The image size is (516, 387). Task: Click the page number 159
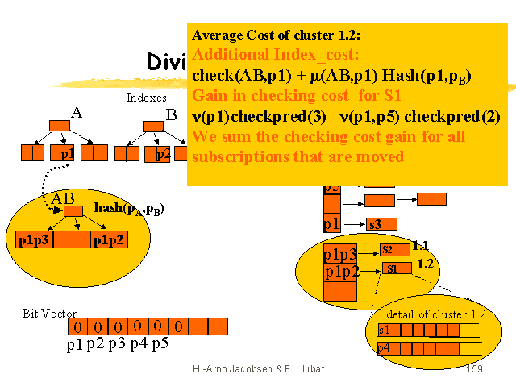click(474, 368)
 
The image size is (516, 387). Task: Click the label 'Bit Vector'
click(49, 312)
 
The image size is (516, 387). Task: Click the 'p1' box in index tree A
click(67, 152)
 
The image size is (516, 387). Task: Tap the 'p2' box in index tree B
click(163, 152)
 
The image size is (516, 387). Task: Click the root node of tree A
click(60, 126)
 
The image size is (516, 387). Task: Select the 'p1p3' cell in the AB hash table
click(34, 239)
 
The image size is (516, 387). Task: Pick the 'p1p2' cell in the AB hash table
click(108, 239)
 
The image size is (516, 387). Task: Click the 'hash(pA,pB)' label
click(129, 210)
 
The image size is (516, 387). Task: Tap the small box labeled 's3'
click(375, 224)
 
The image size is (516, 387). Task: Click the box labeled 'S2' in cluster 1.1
click(388, 250)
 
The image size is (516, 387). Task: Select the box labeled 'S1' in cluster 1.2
click(391, 268)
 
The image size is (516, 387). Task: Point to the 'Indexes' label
click(146, 98)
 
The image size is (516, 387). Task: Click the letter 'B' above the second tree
click(171, 114)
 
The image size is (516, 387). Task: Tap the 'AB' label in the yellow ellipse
click(63, 198)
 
